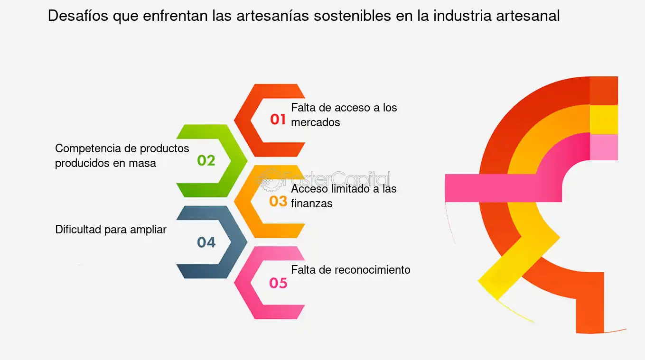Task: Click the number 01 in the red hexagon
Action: click(x=278, y=120)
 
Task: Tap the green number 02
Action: click(x=206, y=161)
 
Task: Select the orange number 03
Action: click(x=278, y=202)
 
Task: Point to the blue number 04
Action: click(x=206, y=242)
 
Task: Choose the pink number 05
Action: click(x=278, y=283)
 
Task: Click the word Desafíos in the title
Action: click(x=78, y=16)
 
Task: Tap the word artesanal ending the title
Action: click(x=528, y=16)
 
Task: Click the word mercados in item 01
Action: click(x=315, y=122)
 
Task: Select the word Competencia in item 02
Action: click(x=88, y=148)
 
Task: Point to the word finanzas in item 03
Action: click(x=311, y=203)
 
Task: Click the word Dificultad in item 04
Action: click(x=78, y=230)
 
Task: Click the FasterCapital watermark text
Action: click(x=337, y=179)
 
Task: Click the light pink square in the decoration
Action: click(x=604, y=147)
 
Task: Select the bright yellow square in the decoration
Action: click(x=604, y=120)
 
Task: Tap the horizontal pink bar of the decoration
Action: click(x=503, y=188)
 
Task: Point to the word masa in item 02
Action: click(x=142, y=163)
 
